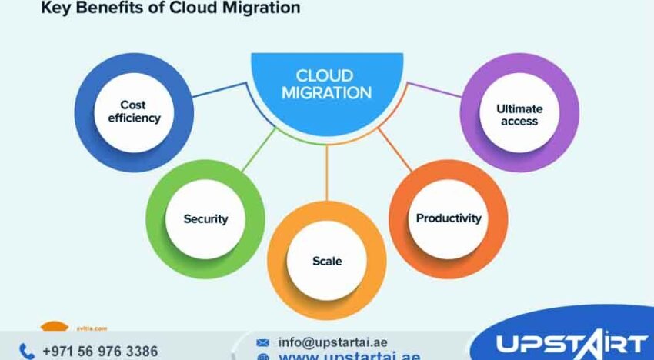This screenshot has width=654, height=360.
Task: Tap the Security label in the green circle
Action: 205,218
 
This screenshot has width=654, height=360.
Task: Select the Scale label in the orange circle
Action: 327,261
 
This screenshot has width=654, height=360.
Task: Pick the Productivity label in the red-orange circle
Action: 449,218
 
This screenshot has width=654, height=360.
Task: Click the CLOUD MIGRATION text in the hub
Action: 326,85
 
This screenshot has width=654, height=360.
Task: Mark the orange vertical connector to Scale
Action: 327,169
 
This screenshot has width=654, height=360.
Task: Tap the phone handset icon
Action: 27,352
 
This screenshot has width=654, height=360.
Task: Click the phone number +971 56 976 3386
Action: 100,352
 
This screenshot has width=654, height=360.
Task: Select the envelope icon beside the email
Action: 263,342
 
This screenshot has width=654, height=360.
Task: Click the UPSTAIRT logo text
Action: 570,343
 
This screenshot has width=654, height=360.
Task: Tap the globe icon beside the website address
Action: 263,357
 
